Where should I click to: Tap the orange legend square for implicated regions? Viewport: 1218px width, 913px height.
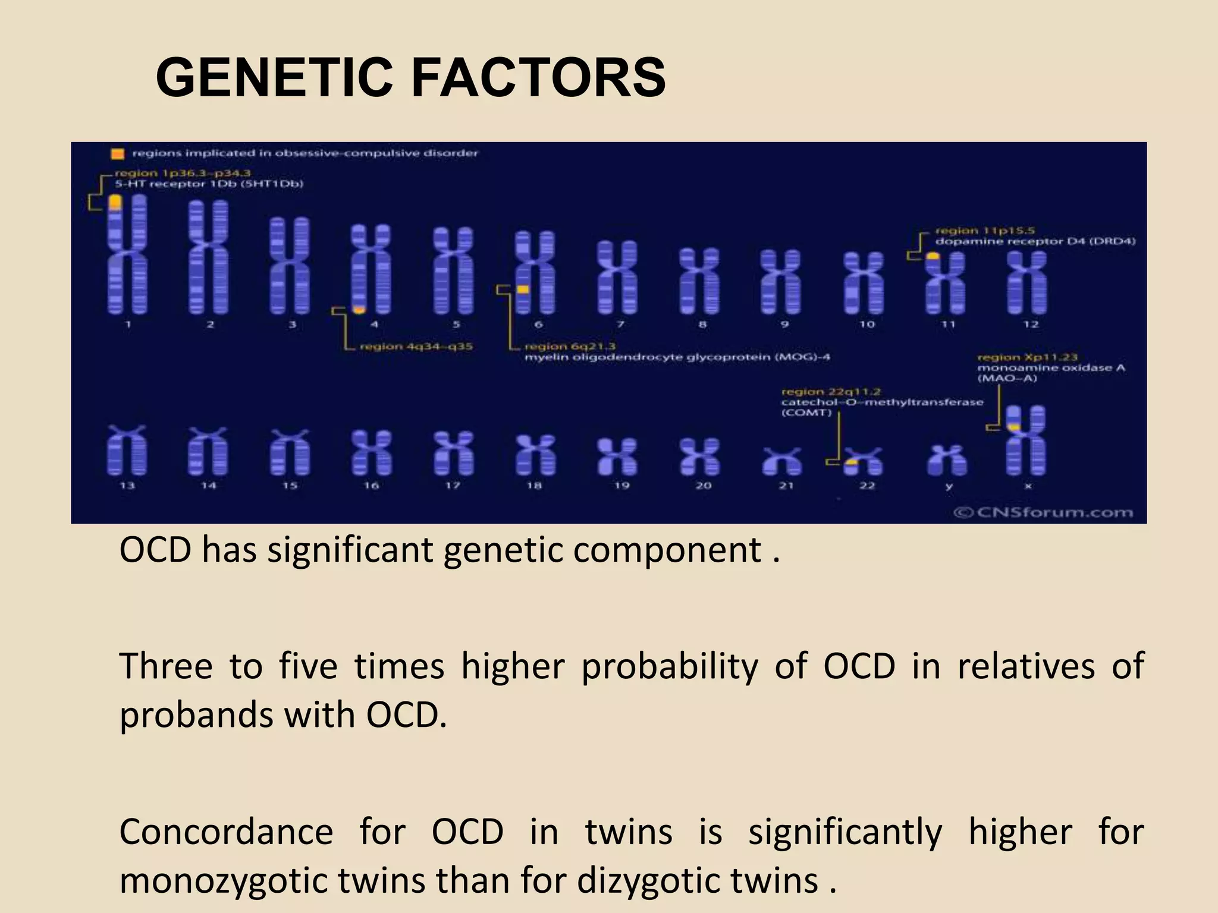pos(118,153)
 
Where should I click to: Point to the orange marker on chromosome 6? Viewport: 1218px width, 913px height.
pos(523,289)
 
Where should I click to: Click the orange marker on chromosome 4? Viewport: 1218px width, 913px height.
pos(359,310)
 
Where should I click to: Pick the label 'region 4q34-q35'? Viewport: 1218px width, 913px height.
pos(416,346)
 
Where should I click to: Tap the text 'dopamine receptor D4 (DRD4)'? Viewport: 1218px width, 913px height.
pos(1035,241)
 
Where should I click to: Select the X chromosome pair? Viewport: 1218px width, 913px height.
pos(1025,440)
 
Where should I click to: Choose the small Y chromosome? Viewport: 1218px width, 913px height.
pos(947,460)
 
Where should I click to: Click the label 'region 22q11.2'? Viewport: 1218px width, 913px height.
pos(831,392)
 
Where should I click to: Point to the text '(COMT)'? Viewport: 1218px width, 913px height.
pos(805,413)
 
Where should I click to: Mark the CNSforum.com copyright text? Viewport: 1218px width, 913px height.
pos(1043,512)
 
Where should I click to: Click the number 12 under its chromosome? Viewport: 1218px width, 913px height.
pos(1031,324)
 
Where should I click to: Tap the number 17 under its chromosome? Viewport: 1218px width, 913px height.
pos(453,486)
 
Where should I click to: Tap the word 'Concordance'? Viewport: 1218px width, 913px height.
pos(226,832)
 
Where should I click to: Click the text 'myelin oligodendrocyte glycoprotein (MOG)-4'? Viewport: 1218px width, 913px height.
pos(677,357)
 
